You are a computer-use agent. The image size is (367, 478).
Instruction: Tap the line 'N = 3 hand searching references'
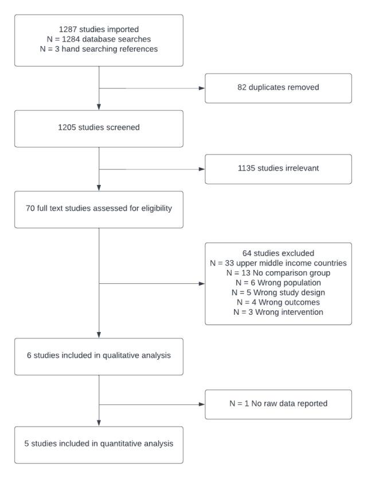[99, 49]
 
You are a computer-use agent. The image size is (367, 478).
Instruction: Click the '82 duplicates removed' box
[278, 88]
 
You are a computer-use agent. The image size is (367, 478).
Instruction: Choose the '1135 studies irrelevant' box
[278, 169]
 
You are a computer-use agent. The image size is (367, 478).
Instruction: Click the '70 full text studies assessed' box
[99, 209]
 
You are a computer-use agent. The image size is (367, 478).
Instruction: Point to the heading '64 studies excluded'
[278, 252]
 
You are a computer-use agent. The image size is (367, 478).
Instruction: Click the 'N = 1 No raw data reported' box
[278, 403]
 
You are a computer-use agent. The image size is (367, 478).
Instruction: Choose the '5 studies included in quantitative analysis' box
[99, 445]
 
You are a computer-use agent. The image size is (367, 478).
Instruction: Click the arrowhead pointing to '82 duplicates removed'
[201, 88]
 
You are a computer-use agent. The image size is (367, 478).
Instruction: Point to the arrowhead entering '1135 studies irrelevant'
[201, 169]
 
